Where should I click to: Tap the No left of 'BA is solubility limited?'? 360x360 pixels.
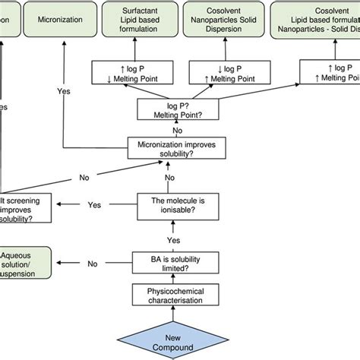click(x=93, y=264)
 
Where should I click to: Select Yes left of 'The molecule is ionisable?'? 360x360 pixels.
click(x=93, y=204)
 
